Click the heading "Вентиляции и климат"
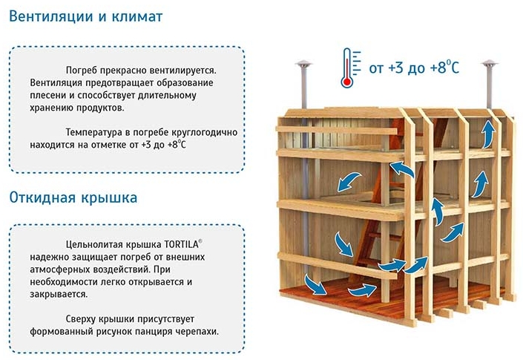(86, 16)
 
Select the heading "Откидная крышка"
(73, 197)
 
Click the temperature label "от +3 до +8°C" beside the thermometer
(414, 67)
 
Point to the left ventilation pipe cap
(303, 64)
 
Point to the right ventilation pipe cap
(490, 64)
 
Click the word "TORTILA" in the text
(181, 244)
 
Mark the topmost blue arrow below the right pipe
(489, 134)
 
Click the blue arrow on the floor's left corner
(315, 285)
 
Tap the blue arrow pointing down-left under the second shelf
(349, 182)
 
